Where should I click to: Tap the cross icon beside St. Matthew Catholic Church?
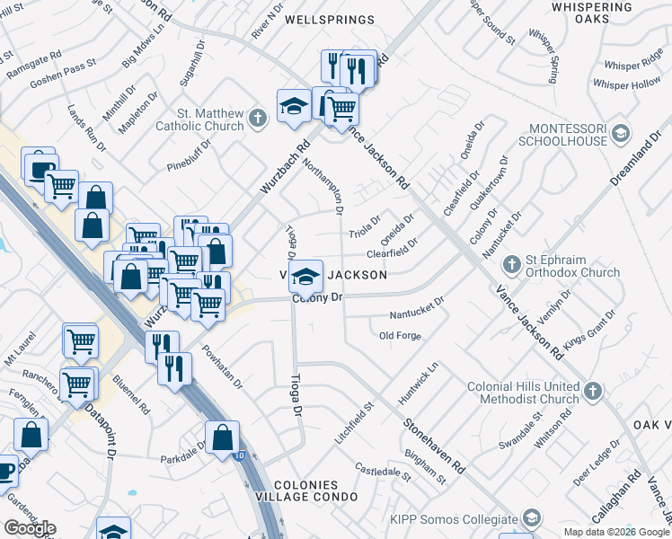[258, 118]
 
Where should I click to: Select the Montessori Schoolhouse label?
[562, 135]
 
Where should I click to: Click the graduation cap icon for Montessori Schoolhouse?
[620, 135]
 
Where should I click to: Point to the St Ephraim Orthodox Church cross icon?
[511, 265]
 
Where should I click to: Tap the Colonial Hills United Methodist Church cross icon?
[591, 391]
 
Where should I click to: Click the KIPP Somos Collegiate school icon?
[532, 518]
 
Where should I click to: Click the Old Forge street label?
[400, 336]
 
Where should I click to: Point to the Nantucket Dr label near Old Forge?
[417, 313]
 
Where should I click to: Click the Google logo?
[30, 528]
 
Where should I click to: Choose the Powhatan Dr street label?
[223, 368]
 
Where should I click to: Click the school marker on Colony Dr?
[305, 276]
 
